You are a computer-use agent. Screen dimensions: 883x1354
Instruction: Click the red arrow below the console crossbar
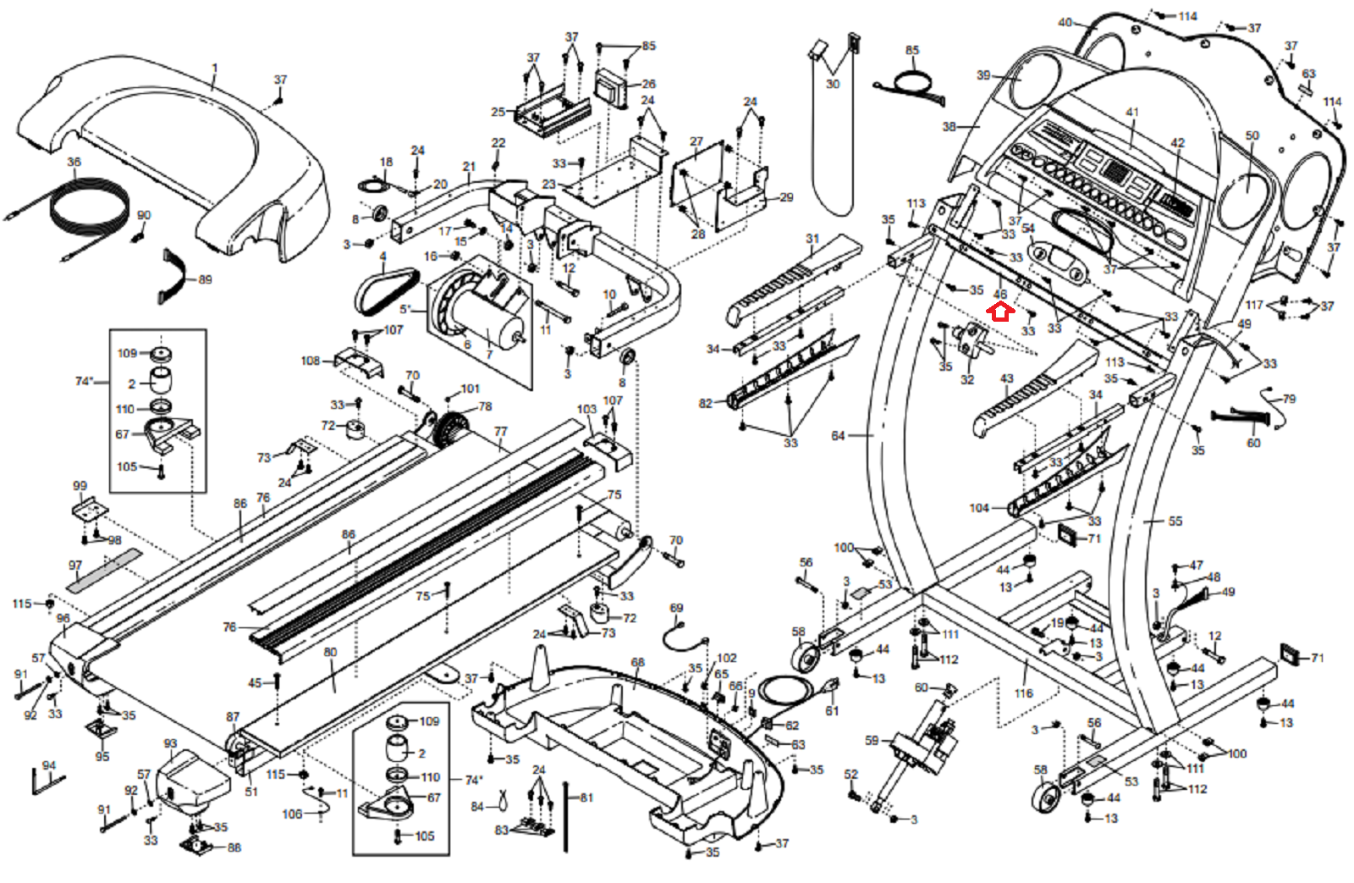coord(1000,312)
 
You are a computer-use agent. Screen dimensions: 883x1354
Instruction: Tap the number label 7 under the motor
coord(489,354)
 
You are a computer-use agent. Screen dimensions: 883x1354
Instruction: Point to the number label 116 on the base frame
coord(1024,693)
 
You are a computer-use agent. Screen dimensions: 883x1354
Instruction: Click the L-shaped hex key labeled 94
coord(44,781)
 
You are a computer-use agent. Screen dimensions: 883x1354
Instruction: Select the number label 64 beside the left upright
coord(838,436)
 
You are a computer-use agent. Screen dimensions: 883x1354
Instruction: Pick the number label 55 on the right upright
coord(1175,522)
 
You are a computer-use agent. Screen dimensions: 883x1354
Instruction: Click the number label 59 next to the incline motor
coord(872,740)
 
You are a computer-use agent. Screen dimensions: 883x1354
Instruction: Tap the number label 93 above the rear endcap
coord(170,743)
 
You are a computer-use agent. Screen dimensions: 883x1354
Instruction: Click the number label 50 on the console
coord(1252,135)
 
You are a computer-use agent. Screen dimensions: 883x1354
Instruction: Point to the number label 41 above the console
coord(1132,112)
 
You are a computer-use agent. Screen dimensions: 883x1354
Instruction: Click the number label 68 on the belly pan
coord(637,662)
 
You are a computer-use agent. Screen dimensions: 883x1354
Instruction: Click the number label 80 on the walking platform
coord(330,652)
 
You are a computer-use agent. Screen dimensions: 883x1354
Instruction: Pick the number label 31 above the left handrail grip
coord(812,239)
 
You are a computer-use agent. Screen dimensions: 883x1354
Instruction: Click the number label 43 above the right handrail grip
coord(1007,378)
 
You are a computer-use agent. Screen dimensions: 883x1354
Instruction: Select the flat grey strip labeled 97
coord(106,571)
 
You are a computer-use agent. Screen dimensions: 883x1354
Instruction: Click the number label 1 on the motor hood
coord(215,68)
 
